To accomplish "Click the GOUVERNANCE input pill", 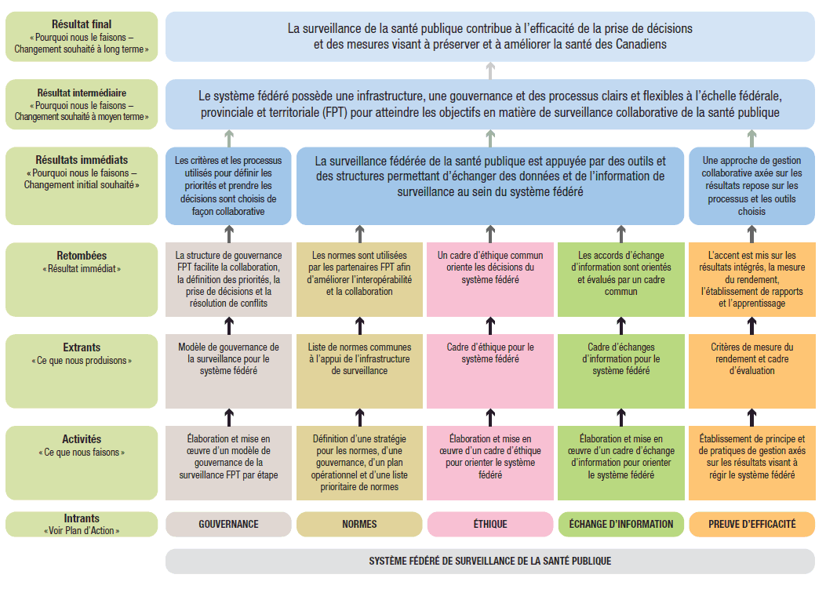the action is click(228, 524).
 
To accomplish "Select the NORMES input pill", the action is click(359, 524).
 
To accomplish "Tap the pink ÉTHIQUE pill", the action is click(490, 524).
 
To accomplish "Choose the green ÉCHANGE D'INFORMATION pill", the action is click(621, 524).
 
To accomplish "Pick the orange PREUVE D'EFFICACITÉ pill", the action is click(751, 524).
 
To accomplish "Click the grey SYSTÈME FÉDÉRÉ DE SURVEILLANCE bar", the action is click(490, 561).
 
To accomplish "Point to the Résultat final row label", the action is click(82, 36).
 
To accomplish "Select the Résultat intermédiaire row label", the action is click(82, 104).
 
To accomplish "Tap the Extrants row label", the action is click(82, 371).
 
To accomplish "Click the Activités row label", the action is click(82, 463).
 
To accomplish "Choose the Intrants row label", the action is click(82, 524).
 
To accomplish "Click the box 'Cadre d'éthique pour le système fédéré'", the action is click(490, 371).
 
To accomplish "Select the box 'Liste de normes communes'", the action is click(359, 371).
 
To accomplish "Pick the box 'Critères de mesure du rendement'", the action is click(751, 371).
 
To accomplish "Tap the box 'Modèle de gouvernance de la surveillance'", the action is click(228, 371).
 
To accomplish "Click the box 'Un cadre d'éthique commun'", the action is click(490, 279).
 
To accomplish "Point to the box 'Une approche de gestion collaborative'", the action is click(751, 186).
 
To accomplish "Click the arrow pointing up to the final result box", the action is click(490, 71).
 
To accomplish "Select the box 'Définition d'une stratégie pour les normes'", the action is click(359, 463).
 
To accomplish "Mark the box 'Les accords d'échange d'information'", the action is click(621, 279).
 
